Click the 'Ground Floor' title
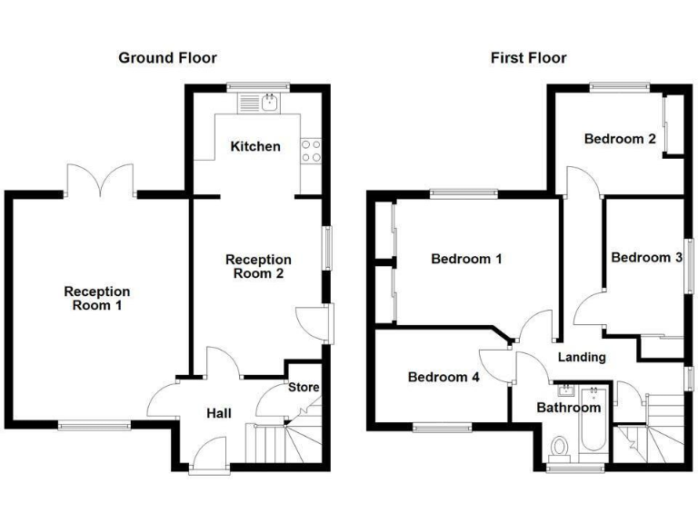167,58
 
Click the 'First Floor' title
528,58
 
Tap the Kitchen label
255,146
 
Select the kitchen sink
269,103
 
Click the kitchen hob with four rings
311,151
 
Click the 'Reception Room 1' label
96,299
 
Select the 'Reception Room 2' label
258,267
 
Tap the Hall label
218,413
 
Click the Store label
304,388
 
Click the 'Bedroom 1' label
466,259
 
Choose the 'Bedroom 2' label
620,139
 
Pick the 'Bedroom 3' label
646,258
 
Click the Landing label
582,357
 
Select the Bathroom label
569,408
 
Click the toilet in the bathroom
560,448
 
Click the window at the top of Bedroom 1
464,192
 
